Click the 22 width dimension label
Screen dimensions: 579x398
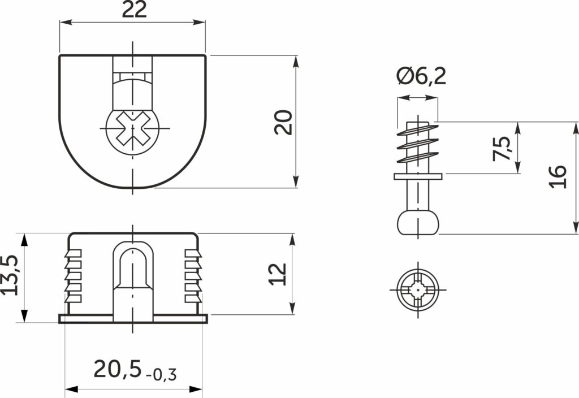point(134,10)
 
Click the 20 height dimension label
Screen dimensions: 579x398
point(284,122)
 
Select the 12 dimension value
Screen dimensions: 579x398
point(278,274)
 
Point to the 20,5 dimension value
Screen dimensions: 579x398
point(118,369)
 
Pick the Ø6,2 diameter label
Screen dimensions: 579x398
point(421,76)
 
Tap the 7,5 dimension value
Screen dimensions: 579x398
point(502,149)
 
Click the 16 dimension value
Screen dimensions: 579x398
point(558,177)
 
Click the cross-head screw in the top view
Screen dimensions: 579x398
point(133,129)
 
